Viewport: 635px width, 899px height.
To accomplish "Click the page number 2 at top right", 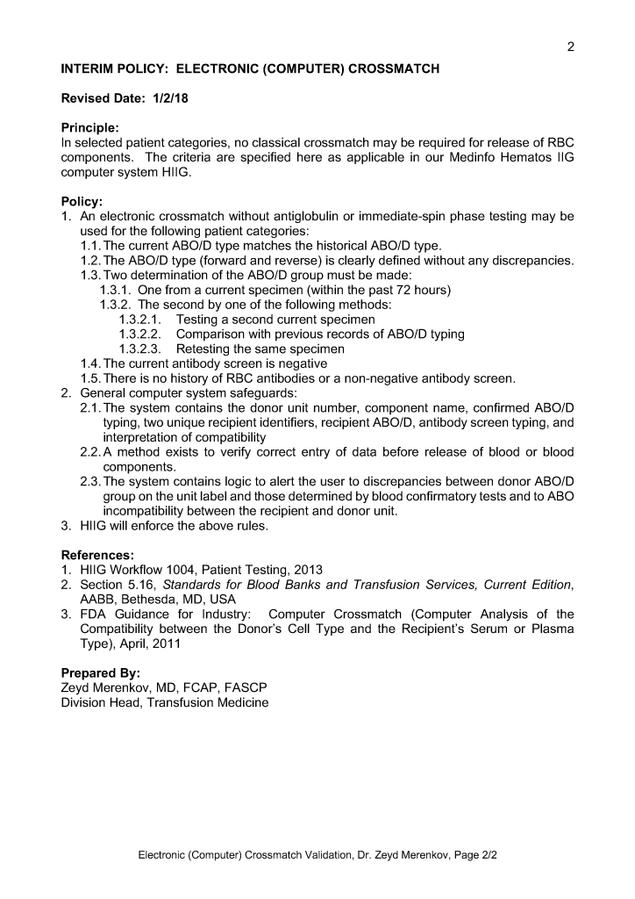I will pyautogui.click(x=570, y=47).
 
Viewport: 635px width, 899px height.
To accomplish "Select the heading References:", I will pyautogui.click(x=97, y=555).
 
